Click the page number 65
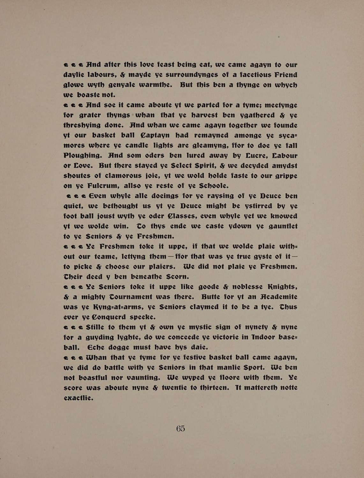181,429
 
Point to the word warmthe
155,85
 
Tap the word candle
138,146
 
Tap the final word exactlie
78,398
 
